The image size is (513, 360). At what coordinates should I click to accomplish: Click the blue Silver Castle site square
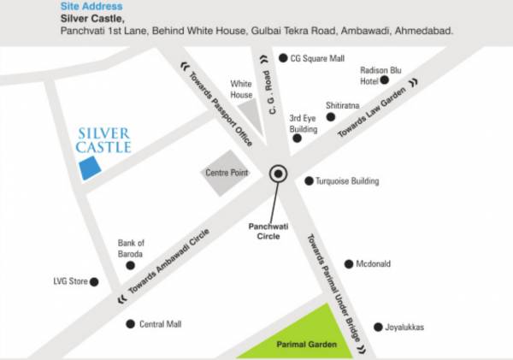pyautogui.click(x=87, y=168)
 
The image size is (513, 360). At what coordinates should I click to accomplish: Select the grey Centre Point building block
pyautogui.click(x=225, y=175)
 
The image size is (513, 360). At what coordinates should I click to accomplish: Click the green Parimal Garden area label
pyautogui.click(x=305, y=345)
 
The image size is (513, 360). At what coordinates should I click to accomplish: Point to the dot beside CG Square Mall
pyautogui.click(x=284, y=58)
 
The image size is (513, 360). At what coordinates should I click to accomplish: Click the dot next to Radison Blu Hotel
pyautogui.click(x=385, y=80)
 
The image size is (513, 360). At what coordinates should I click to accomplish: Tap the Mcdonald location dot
pyautogui.click(x=349, y=264)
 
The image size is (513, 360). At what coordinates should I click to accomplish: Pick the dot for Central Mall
pyautogui.click(x=130, y=324)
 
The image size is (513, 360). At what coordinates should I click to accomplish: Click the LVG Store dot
pyautogui.click(x=94, y=281)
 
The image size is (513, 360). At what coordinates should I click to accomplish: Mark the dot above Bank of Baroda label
pyautogui.click(x=130, y=265)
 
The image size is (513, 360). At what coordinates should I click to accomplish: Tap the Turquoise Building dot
pyautogui.click(x=310, y=181)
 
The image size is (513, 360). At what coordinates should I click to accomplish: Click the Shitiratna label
pyautogui.click(x=343, y=105)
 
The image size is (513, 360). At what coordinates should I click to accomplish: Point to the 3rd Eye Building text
pyautogui.click(x=303, y=123)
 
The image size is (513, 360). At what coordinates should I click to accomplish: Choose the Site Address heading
pyautogui.click(x=85, y=6)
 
